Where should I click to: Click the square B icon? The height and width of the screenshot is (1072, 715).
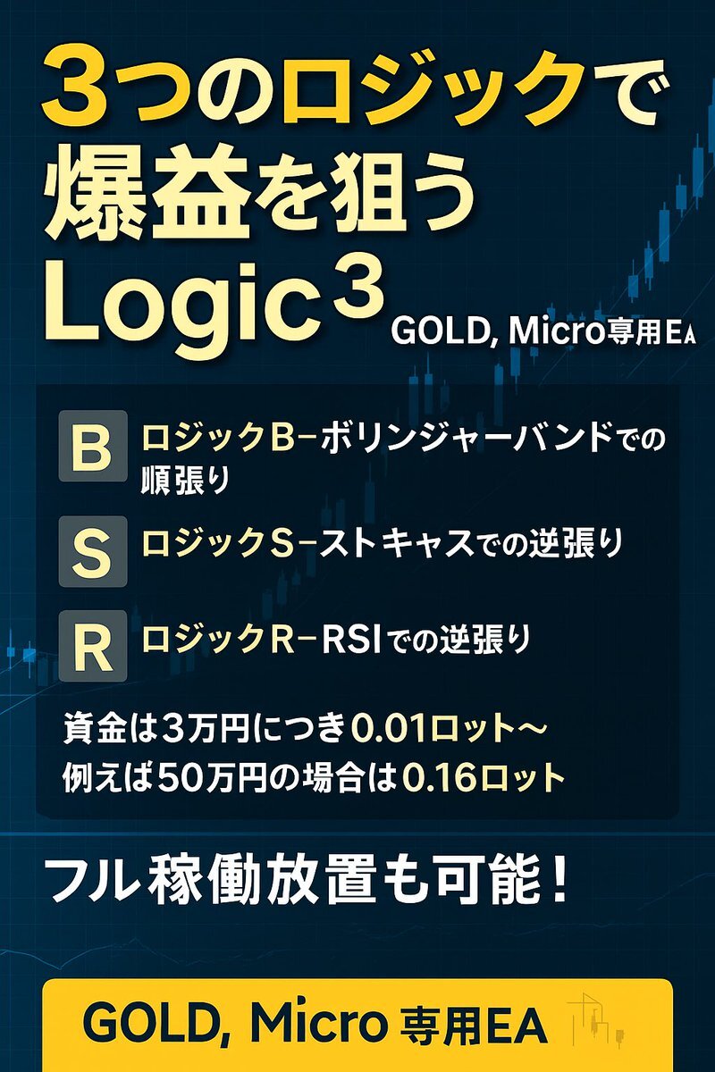[93, 447]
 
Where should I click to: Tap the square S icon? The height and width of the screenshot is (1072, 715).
[93, 551]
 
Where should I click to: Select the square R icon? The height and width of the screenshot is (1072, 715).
[93, 646]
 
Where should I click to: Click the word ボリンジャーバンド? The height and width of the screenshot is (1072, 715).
[463, 438]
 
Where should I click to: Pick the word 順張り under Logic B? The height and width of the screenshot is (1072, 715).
[185, 480]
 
